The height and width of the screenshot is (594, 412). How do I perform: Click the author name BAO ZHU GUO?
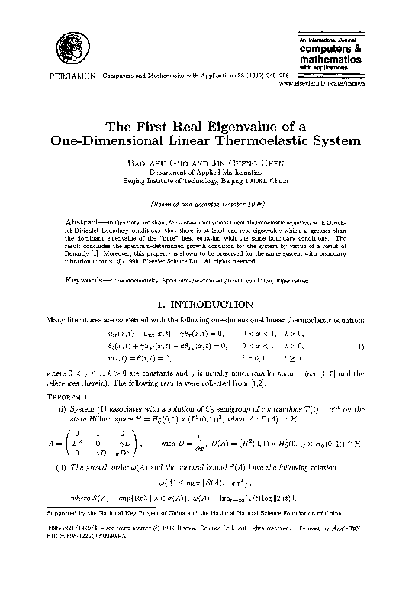162,164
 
